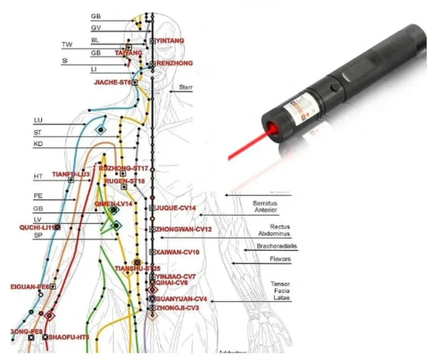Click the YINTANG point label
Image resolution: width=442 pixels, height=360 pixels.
click(170, 41)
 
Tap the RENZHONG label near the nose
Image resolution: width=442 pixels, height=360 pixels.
click(174, 63)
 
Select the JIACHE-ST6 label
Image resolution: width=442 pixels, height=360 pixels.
click(112, 82)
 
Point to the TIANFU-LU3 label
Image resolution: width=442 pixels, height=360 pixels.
click(71, 174)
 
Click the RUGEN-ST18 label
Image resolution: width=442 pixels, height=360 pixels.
click(119, 181)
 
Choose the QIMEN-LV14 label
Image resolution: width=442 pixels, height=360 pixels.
click(113, 204)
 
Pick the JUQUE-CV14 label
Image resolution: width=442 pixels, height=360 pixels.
click(176, 208)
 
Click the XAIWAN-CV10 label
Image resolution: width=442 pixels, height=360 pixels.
click(177, 252)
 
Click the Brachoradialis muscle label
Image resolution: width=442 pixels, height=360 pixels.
click(277, 246)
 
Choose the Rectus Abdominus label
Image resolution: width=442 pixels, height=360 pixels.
click(274, 230)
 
